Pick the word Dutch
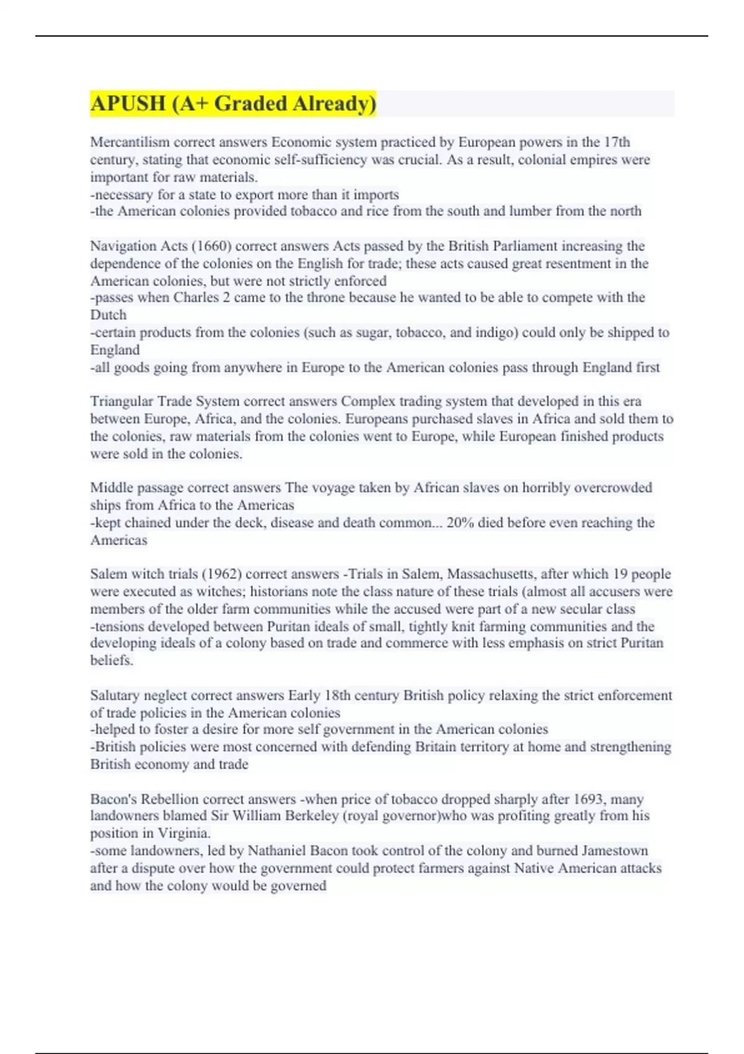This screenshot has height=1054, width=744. point(108,315)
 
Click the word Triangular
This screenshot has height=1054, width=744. point(121,401)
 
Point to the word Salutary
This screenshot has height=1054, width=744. point(115,696)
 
